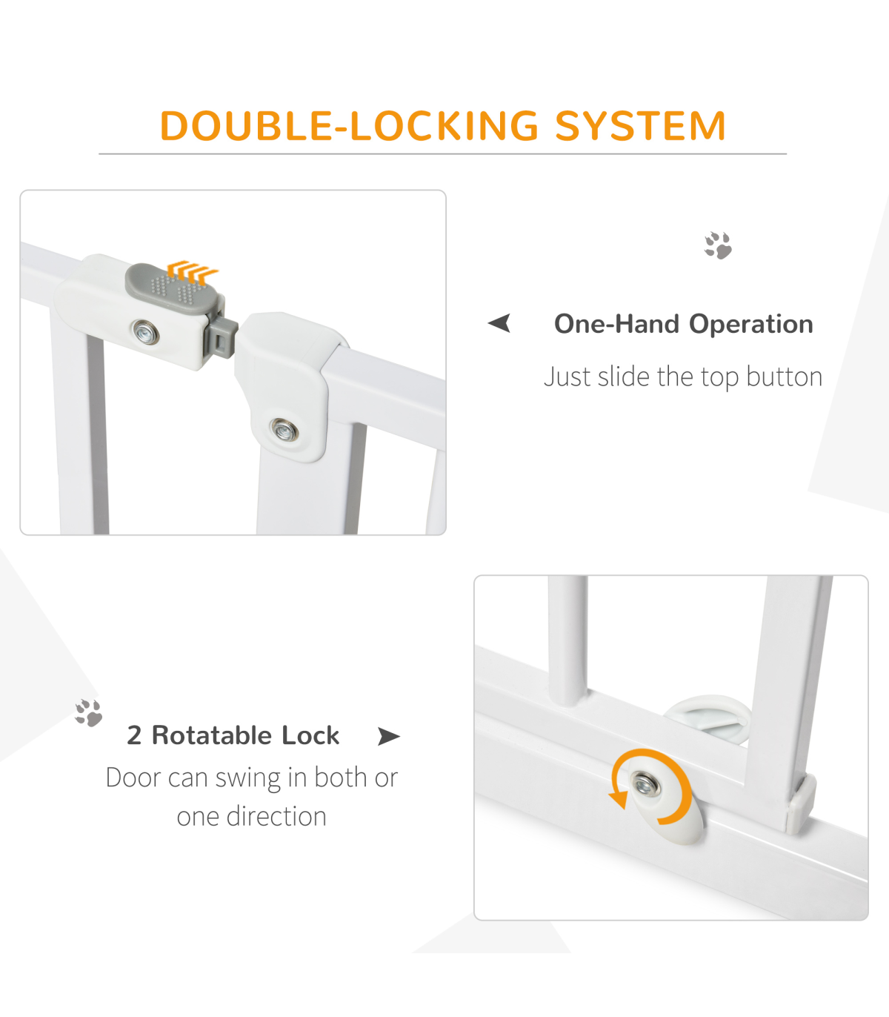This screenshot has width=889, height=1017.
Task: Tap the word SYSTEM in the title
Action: (x=641, y=125)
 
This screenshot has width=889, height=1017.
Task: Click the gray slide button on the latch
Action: (x=174, y=291)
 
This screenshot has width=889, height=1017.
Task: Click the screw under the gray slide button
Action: (x=146, y=332)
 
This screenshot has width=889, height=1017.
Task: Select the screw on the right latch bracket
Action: (x=284, y=430)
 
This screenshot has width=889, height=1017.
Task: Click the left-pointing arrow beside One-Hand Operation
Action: (x=499, y=323)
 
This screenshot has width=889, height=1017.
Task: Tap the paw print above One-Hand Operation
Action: (x=718, y=245)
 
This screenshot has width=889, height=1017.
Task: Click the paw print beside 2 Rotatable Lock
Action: (x=88, y=713)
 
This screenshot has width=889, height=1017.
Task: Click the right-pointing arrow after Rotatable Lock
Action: (x=389, y=736)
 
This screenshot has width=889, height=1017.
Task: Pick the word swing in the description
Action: (x=248, y=779)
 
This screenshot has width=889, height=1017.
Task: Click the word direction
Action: (x=276, y=817)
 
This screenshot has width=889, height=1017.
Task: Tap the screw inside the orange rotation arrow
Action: (x=645, y=784)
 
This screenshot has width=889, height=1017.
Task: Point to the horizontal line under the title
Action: (x=442, y=154)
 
